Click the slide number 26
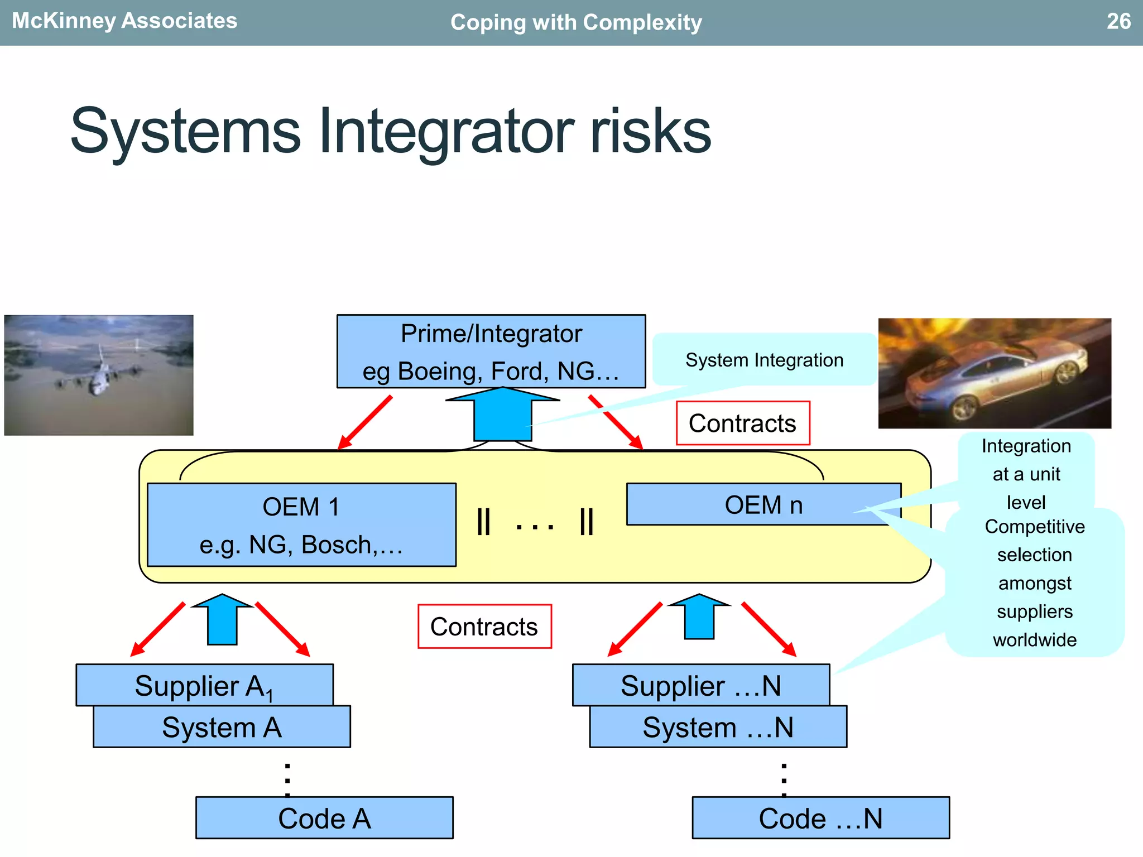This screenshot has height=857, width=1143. pos(1118,22)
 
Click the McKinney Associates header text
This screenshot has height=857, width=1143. pos(124,21)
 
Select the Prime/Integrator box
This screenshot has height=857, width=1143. pos(491,352)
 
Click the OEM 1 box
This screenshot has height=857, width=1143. pos(301,524)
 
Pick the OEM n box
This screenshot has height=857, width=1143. pos(763,504)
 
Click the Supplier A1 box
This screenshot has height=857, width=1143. pos(204,685)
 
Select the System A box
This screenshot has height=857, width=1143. pos(222,727)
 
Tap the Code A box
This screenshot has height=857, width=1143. pos(324,818)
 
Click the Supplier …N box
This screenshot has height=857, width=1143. pos(700,685)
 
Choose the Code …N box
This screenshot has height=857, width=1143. pos(820,818)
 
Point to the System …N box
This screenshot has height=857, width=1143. pos(718,727)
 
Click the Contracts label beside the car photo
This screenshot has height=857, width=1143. pos(742,423)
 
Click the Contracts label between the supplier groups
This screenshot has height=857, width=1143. pos(484,627)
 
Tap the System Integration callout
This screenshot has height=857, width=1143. pos(764,360)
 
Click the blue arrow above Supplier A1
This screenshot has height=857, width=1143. pos(222,619)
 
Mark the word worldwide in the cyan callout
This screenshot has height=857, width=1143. pos(1034,639)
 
